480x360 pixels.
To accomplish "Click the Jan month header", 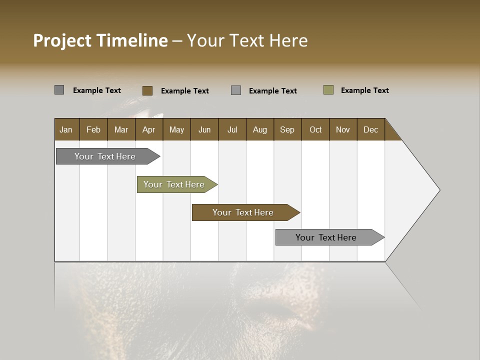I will click(x=66, y=129).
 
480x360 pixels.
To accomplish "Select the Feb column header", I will click(x=93, y=129).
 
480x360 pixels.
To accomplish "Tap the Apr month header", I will click(x=148, y=129).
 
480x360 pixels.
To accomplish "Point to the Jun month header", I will click(x=204, y=129).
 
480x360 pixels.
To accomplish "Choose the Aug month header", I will click(x=259, y=129).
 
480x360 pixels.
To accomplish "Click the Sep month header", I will click(x=287, y=129).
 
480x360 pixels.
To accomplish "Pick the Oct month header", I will click(x=315, y=129).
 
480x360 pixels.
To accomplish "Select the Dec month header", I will click(x=370, y=129).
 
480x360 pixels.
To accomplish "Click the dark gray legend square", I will click(x=59, y=90).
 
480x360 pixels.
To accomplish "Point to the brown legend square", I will click(x=147, y=90).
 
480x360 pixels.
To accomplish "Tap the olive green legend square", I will click(x=328, y=90).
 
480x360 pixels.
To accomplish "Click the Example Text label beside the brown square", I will click(x=184, y=91).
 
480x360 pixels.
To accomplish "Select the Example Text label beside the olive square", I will click(x=364, y=90).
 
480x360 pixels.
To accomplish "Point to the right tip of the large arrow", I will click(x=439, y=190).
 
